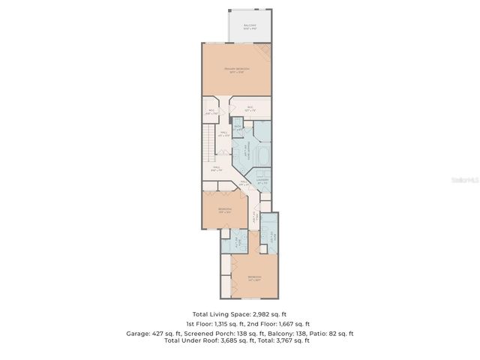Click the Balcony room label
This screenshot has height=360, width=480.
[250, 26]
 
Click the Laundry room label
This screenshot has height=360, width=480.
[262, 181]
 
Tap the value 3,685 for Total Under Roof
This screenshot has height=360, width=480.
[227, 340]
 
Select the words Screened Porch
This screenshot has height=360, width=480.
[208, 333]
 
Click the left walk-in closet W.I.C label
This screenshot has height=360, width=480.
[210, 112]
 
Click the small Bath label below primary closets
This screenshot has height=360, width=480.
[237, 127]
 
